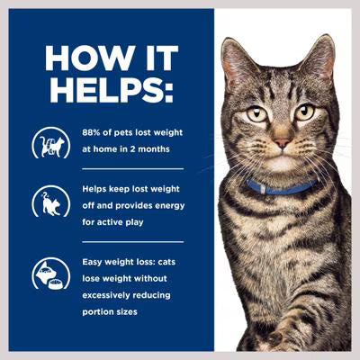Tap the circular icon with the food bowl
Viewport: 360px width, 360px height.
tap(50, 274)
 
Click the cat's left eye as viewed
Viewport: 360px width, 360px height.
tap(257, 113)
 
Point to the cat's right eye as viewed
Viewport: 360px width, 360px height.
tap(305, 112)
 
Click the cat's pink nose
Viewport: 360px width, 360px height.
tap(282, 142)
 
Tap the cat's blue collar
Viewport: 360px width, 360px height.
tap(283, 187)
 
